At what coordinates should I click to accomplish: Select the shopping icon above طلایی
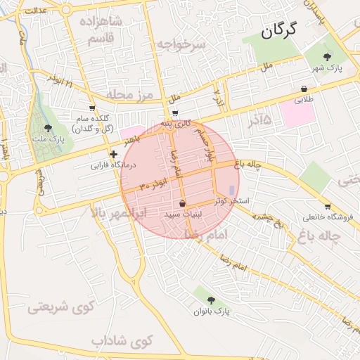(304, 89)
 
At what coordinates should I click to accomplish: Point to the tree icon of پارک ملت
(48, 128)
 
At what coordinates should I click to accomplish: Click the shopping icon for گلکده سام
(92, 108)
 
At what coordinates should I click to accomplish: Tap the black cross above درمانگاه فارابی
(113, 154)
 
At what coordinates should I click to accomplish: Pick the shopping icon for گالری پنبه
(175, 112)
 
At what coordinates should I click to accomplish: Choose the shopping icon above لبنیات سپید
(183, 203)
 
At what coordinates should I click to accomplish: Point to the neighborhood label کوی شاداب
(122, 341)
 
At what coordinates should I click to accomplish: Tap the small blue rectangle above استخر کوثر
(231, 190)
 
